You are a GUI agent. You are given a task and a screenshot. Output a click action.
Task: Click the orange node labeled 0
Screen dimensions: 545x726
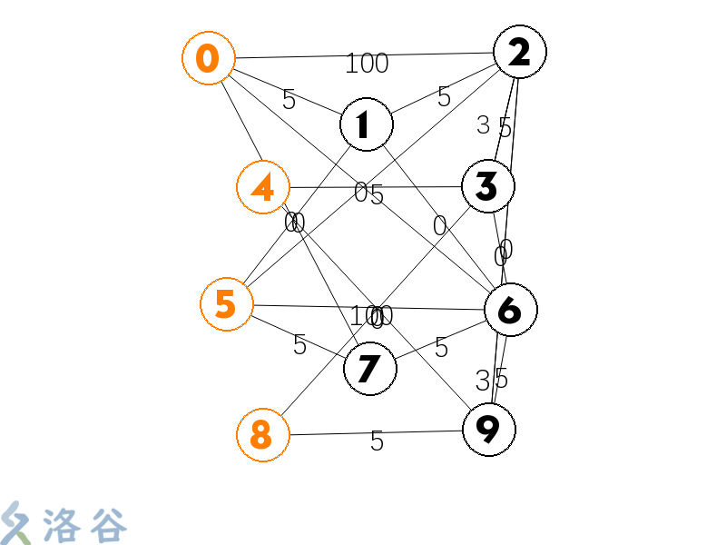click(x=208, y=59)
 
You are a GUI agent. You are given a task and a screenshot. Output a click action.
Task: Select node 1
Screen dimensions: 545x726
click(x=366, y=124)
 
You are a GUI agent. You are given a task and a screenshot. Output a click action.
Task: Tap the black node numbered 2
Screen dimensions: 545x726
click(x=519, y=52)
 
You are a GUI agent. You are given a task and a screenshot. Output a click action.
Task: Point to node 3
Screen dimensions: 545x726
click(x=487, y=186)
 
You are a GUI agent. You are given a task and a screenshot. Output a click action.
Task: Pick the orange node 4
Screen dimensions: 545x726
click(x=262, y=188)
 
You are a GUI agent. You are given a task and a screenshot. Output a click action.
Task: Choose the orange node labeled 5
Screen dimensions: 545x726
click(x=226, y=303)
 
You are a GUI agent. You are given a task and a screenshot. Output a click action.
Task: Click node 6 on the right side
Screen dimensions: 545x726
click(x=510, y=310)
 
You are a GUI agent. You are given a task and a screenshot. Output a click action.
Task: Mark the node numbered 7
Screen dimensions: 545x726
click(x=369, y=369)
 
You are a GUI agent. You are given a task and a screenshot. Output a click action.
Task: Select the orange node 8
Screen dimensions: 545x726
click(x=262, y=435)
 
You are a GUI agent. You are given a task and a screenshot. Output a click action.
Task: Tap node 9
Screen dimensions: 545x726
click(x=489, y=430)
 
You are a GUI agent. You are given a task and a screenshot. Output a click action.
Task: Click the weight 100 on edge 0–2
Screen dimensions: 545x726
click(x=367, y=64)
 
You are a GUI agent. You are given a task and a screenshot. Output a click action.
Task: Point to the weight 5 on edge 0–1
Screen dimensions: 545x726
click(x=289, y=100)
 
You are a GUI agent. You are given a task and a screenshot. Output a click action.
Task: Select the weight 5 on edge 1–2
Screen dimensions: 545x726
click(x=444, y=97)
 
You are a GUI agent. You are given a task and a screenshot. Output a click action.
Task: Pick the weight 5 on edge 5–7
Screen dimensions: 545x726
click(x=299, y=345)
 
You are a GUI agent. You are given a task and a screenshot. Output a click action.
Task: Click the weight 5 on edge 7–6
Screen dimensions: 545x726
click(x=441, y=348)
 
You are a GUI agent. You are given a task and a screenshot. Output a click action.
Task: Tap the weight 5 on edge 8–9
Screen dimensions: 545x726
click(x=377, y=442)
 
